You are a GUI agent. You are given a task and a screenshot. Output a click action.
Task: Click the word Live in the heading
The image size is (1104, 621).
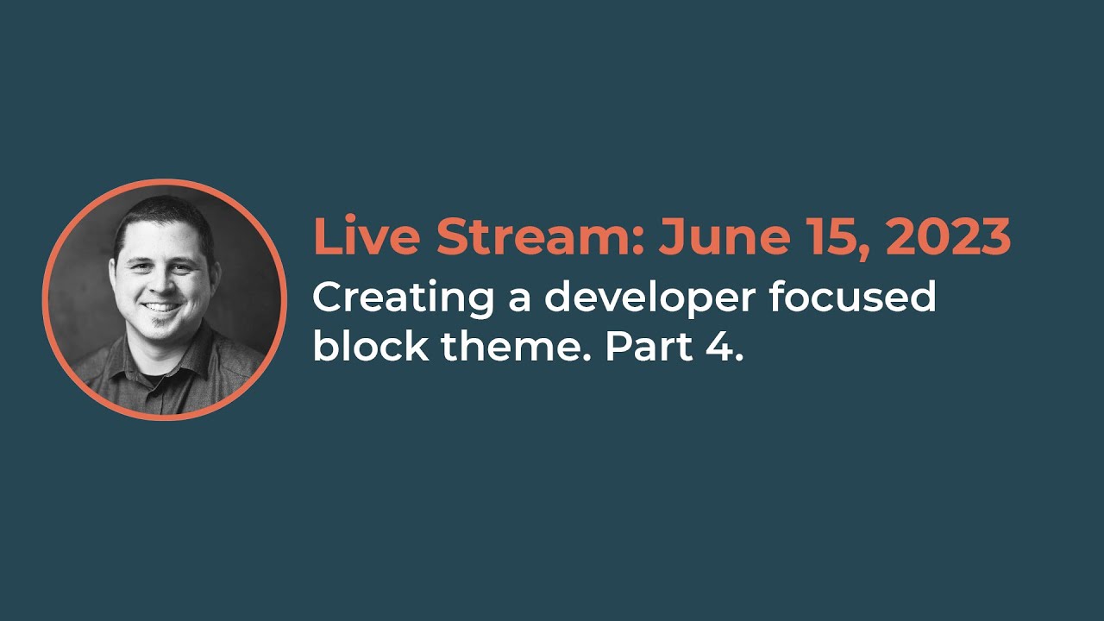tap(367, 235)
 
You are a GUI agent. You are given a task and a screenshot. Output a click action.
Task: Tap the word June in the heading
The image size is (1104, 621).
tap(725, 236)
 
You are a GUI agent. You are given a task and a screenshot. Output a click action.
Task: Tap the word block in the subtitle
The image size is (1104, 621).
tap(371, 345)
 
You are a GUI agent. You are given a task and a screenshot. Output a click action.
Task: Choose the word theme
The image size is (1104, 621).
tap(515, 345)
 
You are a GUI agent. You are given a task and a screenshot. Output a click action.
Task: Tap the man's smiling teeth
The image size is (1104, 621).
tap(160, 307)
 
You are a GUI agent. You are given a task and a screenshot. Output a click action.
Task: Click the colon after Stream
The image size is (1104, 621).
tap(638, 241)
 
